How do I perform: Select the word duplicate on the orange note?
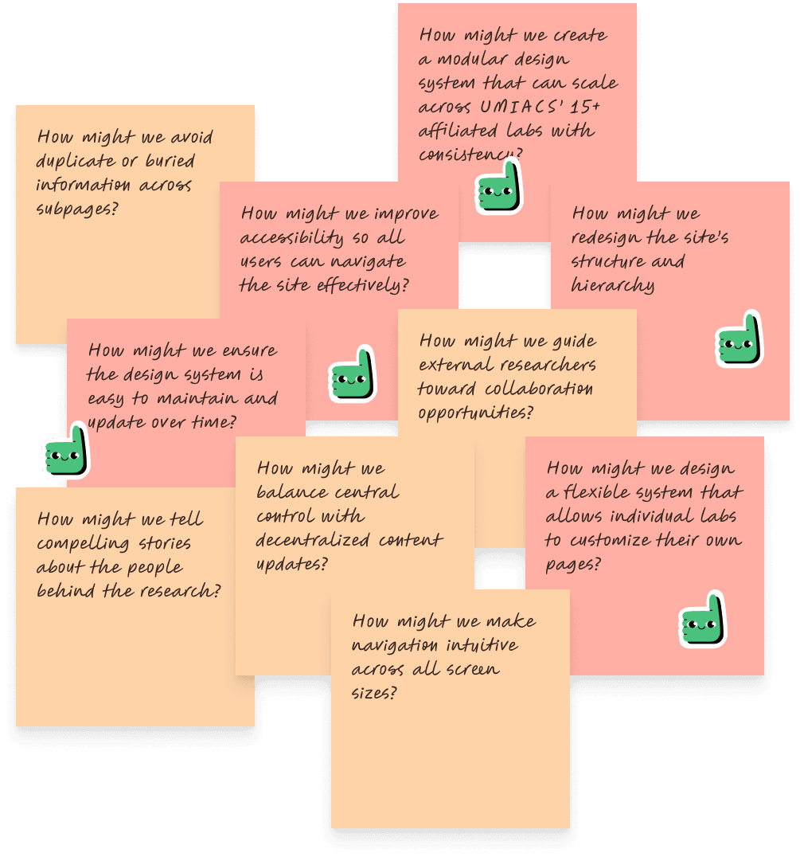[76, 161]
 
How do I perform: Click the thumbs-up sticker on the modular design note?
[498, 187]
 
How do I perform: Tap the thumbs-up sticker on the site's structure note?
[739, 340]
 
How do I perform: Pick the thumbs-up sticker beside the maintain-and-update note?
[65, 452]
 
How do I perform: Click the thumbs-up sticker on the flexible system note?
[704, 619]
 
